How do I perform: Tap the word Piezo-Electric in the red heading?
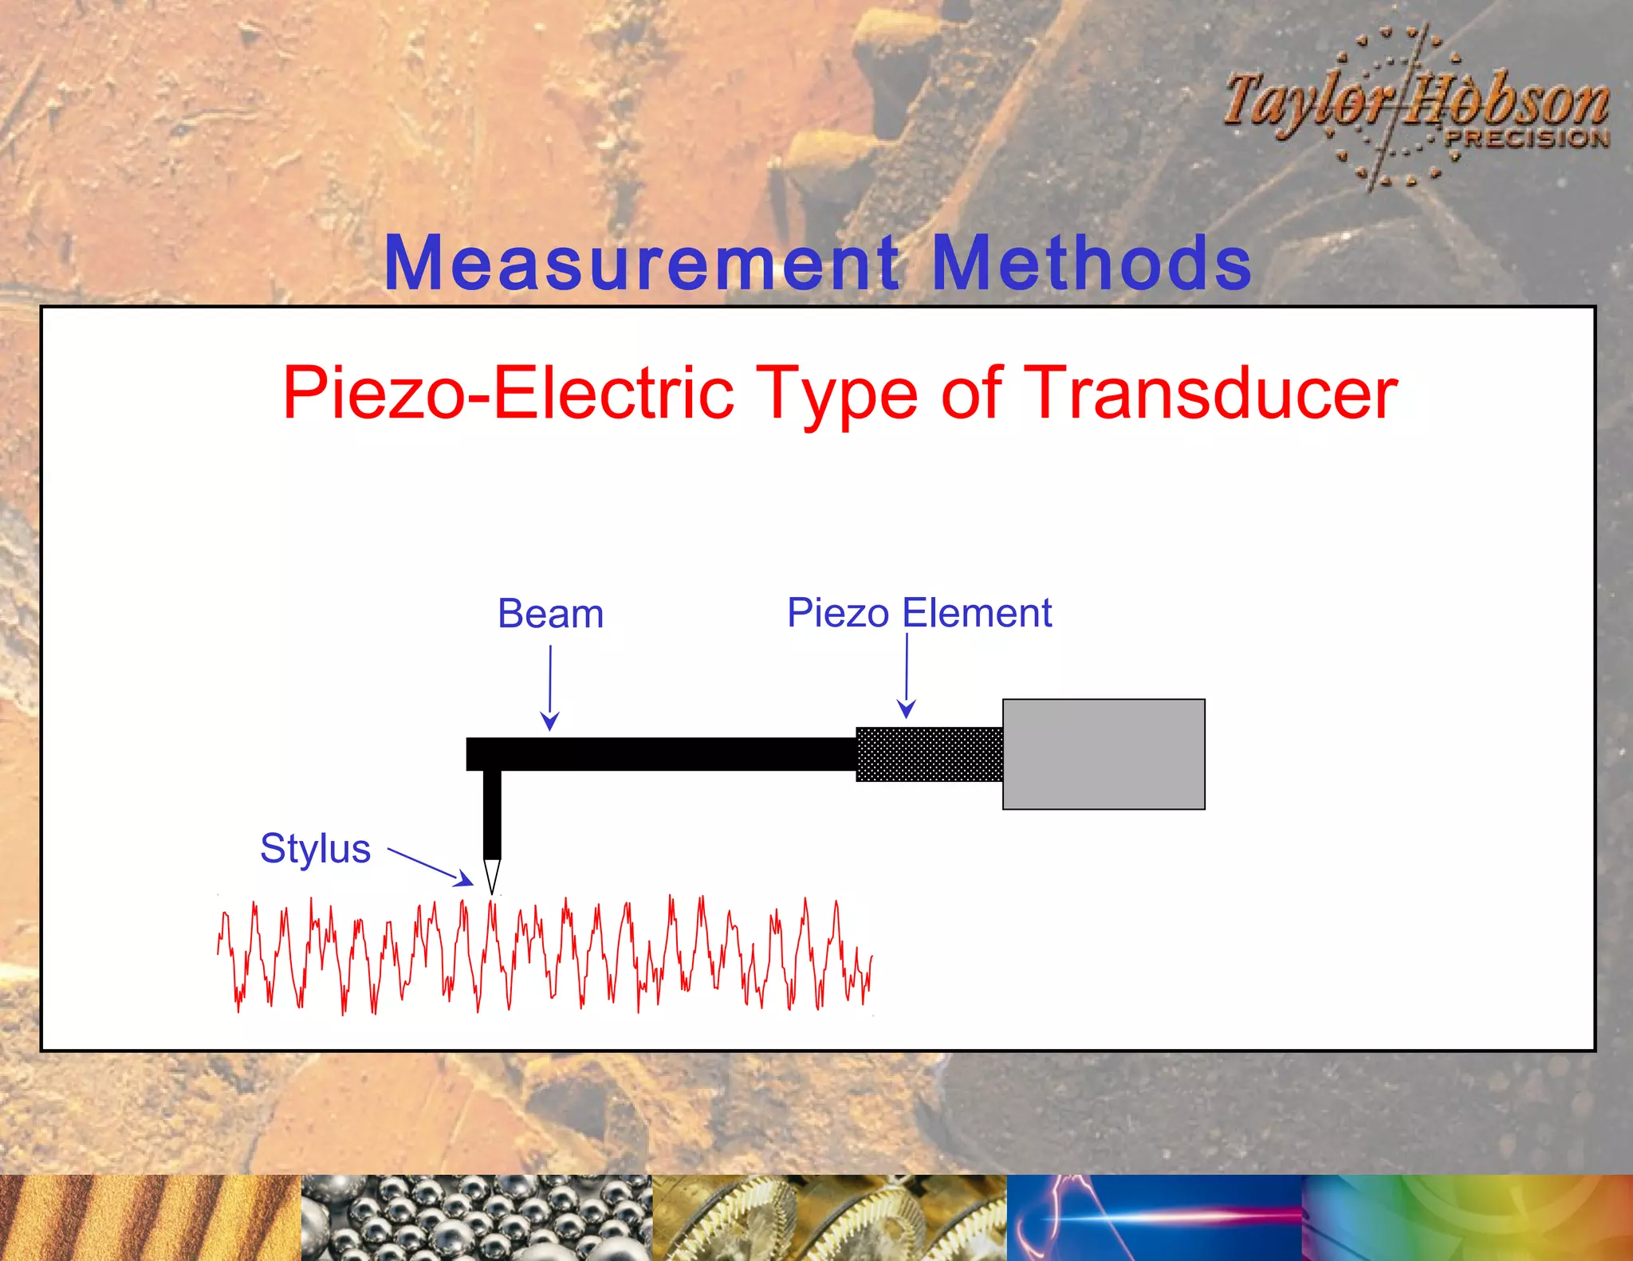coord(508,392)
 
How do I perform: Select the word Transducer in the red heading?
coord(1210,392)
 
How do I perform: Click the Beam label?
coord(550,614)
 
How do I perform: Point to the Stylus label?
coord(315,848)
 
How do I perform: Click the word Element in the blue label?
coord(977,613)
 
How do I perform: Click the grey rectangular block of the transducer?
coord(1104,754)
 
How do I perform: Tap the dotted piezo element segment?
coord(929,754)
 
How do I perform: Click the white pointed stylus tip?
coord(492,875)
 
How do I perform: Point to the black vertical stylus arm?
coord(492,813)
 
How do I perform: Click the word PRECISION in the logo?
coord(1527,139)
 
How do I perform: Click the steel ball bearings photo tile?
coord(476,1217)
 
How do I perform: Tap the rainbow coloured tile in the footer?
coord(1467,1217)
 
